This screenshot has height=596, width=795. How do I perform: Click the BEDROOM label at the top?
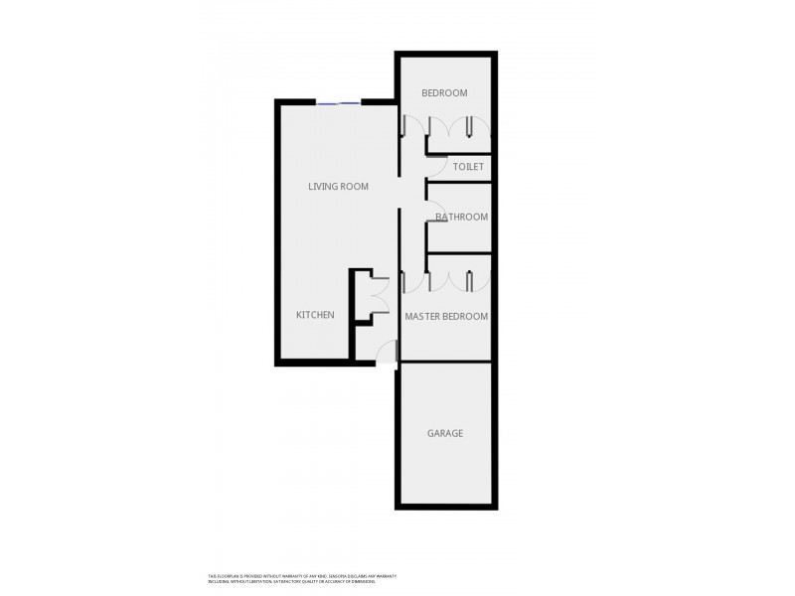[444, 93]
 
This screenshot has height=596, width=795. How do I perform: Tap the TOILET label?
[468, 167]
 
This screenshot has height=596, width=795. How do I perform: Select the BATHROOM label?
[462, 217]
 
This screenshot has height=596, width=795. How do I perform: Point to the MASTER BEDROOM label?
[446, 316]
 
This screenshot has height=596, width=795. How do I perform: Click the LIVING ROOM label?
[338, 187]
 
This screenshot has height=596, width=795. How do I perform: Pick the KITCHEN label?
[315, 315]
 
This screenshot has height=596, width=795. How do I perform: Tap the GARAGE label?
[445, 433]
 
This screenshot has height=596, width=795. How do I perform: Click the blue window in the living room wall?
[339, 102]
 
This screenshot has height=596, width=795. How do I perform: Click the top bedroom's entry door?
[410, 127]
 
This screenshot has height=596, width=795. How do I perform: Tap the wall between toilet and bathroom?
[459, 183]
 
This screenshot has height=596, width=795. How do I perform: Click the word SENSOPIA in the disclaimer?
[330, 575]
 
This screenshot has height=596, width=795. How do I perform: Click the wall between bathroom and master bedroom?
[459, 254]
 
